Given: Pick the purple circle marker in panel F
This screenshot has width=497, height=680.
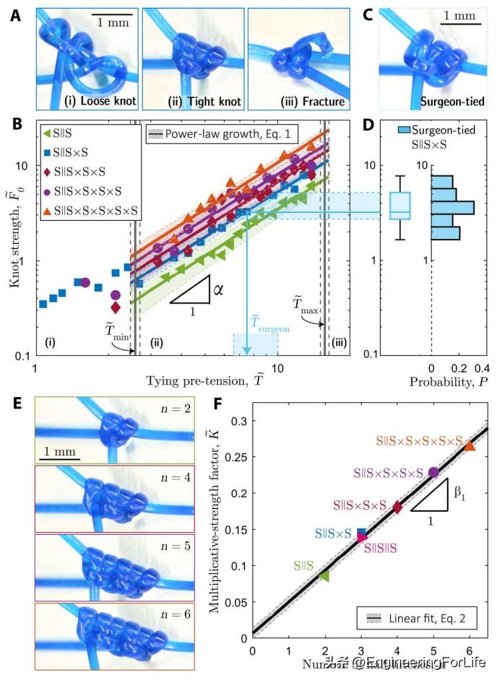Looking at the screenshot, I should [x=433, y=473].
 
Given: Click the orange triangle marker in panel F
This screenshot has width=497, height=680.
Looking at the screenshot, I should [x=470, y=446].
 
